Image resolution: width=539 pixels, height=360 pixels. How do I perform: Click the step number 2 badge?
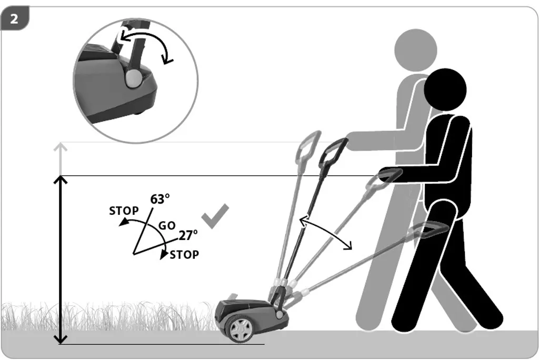pos(14,18)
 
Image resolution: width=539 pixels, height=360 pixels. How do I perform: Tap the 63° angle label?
pos(160,199)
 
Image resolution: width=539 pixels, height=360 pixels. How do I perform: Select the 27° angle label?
pos(188,235)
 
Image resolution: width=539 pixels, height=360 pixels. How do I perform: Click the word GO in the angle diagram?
pos(167,226)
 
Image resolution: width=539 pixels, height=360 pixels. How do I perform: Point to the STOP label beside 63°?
pos(124,211)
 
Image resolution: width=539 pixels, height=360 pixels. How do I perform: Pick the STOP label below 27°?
pos(184,255)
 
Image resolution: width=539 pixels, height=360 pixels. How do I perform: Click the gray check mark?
pos(215,216)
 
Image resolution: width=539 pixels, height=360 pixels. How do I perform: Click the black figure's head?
pos(445,89)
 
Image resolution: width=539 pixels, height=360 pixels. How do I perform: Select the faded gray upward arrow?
pos(61,158)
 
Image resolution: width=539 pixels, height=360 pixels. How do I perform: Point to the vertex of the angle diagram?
pos(133,254)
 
